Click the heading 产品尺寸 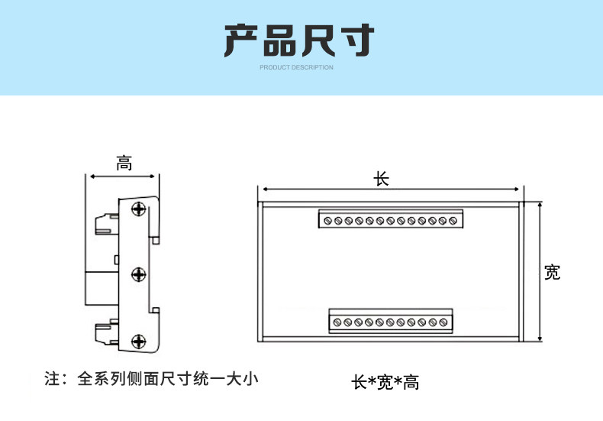point(298,40)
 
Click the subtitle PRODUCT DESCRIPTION point(296,67)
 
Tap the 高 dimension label point(124,164)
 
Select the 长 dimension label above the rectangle point(381,179)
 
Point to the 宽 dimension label point(552,273)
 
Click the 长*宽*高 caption point(385,383)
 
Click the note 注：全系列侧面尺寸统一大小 point(151,379)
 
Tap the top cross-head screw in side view point(138,209)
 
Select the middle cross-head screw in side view point(138,274)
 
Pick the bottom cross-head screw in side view point(138,342)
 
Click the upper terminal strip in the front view point(391,219)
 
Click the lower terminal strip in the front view point(391,321)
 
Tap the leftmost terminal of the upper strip point(327,221)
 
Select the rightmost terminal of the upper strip point(453,221)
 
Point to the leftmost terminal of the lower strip point(337,322)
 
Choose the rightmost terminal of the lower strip point(443,322)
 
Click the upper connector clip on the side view point(107,225)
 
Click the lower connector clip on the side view point(107,332)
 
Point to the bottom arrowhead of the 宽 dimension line point(540,338)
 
